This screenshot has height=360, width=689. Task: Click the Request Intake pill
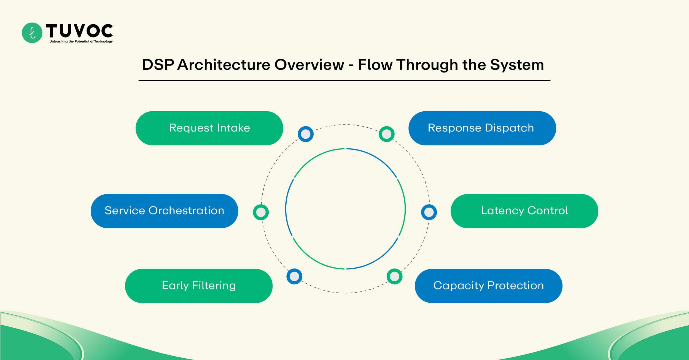pyautogui.click(x=209, y=128)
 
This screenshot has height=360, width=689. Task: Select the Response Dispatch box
pyautogui.click(x=482, y=128)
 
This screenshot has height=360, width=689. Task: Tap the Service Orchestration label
pyautogui.click(x=164, y=211)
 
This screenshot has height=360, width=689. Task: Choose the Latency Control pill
pyautogui.click(x=524, y=211)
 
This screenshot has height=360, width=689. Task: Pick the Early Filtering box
pyautogui.click(x=199, y=286)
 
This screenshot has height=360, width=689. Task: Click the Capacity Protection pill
pyautogui.click(x=488, y=286)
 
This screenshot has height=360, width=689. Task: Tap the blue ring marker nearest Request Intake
pyautogui.click(x=305, y=134)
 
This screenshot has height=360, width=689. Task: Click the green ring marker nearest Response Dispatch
pyautogui.click(x=386, y=134)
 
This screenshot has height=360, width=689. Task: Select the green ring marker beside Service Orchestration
pyautogui.click(x=261, y=212)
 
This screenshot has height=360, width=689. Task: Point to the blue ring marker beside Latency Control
pyautogui.click(x=429, y=212)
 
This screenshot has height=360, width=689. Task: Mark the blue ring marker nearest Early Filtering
pyautogui.click(x=294, y=276)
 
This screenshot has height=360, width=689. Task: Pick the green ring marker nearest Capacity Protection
pyautogui.click(x=394, y=276)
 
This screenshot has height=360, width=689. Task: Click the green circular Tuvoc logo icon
pyautogui.click(x=32, y=33)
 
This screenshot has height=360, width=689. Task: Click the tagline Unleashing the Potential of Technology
pyautogui.click(x=81, y=42)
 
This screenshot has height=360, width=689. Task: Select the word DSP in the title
pyautogui.click(x=158, y=65)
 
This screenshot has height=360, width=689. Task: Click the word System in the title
pyautogui.click(x=517, y=65)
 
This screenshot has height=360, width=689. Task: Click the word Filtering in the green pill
pyautogui.click(x=214, y=286)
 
